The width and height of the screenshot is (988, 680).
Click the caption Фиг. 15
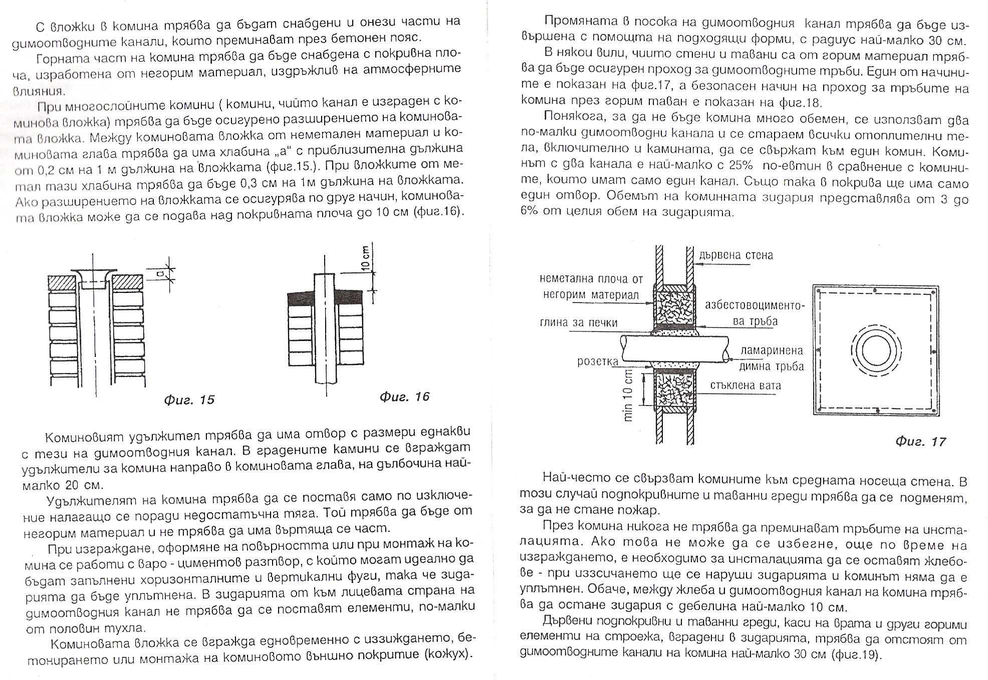[189, 400]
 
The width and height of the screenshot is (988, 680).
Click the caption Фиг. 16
[404, 397]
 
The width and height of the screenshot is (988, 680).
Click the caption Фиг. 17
[920, 442]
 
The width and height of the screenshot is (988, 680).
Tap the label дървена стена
[736, 255]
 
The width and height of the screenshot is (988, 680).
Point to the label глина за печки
[579, 323]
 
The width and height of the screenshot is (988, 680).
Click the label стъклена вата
[746, 386]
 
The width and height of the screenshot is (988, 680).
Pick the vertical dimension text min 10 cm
[628, 396]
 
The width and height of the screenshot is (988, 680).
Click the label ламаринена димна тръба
[772, 359]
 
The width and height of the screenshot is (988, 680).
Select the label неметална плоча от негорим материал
[591, 287]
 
